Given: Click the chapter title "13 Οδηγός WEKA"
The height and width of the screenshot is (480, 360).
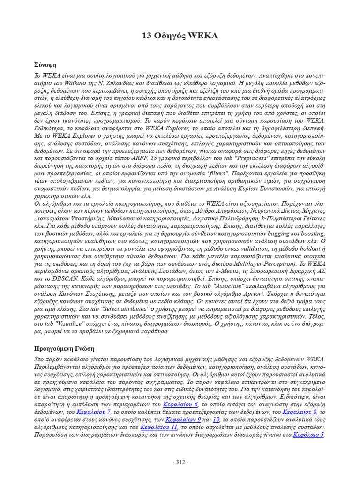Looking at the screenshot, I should coord(180,36).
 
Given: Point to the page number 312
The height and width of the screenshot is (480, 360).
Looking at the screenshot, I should coord(180,462).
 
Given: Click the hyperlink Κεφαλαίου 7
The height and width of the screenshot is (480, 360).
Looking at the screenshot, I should coord(94,412).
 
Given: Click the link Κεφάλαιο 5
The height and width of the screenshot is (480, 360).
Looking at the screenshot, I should coord(308,435).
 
